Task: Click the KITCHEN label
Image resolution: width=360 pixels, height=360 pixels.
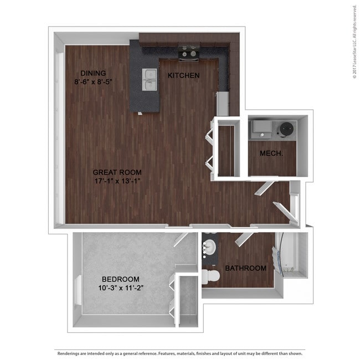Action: pos(183,75)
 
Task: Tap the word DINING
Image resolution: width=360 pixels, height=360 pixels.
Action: pos(93,73)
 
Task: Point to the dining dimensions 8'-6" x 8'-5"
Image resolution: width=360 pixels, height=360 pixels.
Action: pos(93,82)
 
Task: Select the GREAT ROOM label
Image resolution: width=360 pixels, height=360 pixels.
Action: pos(115,172)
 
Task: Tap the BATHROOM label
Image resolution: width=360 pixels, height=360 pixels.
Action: pos(245,268)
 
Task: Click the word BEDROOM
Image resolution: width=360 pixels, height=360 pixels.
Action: pos(121,279)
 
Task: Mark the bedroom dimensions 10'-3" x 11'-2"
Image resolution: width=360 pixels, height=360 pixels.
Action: pos(121,288)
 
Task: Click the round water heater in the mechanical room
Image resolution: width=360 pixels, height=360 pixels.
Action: pos(287,129)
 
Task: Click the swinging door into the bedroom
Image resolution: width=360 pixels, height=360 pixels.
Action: pos(181,238)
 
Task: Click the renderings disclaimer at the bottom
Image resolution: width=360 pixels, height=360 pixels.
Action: pos(180,353)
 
